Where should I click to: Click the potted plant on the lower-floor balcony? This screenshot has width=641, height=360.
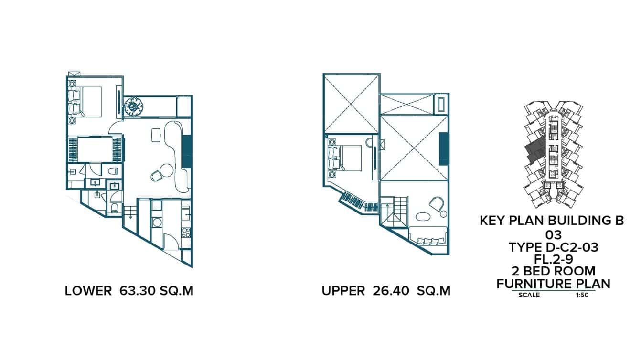tap(133, 106)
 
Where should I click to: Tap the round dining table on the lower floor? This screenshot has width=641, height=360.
tap(167, 169)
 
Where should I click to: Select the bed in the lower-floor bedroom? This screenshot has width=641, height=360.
tap(87, 102)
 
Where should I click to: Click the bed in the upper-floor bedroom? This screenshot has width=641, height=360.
tap(347, 158)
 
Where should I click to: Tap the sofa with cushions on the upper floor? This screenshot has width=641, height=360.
tap(428, 237)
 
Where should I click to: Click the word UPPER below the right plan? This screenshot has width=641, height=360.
tap(343, 291)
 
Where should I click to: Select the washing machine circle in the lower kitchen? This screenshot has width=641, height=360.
tap(156, 222)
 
